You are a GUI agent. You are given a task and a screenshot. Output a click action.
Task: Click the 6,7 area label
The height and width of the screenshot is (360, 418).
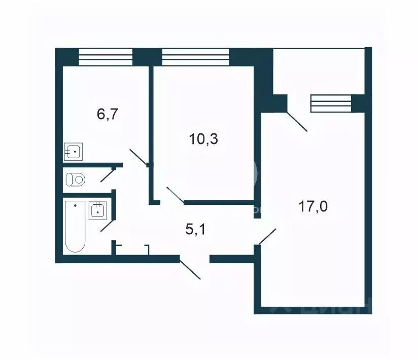pos(108,114)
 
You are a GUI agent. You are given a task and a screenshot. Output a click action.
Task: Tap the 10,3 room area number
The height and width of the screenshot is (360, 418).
pos(203,139)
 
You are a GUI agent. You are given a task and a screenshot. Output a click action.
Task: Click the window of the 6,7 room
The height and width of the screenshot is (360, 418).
pos(106,56)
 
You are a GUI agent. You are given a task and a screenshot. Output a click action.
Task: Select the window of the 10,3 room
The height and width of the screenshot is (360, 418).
pos(195,56)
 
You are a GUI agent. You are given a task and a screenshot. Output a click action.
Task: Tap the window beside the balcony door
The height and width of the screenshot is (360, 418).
pos(331,103)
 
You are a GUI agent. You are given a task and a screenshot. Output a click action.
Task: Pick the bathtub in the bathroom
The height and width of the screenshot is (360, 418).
pos(75,226)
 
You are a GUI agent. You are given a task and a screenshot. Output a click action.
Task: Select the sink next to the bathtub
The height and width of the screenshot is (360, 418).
pos(97,210)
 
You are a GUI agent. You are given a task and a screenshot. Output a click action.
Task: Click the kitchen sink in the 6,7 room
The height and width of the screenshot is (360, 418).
pos(74,151)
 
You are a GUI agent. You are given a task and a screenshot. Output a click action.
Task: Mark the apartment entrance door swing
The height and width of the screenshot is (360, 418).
pos(190,269)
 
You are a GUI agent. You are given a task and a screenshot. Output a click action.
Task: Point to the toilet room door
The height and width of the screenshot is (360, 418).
pos(108,174)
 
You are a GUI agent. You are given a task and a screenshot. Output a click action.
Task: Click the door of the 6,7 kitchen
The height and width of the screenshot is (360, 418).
pos(138,157)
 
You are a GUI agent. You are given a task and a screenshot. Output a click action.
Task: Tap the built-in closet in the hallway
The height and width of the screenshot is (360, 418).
pos(132,249)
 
